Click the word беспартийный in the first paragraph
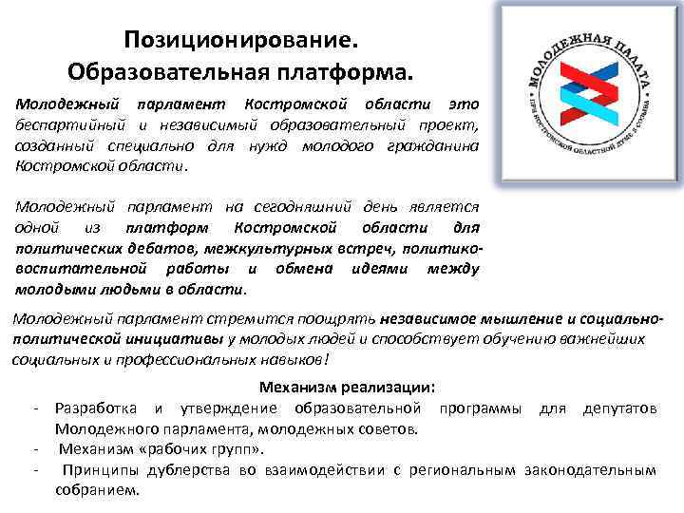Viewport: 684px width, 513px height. tap(64, 125)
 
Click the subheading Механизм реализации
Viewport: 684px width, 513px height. tap(348, 388)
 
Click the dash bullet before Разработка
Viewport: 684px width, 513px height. tap(35, 408)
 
